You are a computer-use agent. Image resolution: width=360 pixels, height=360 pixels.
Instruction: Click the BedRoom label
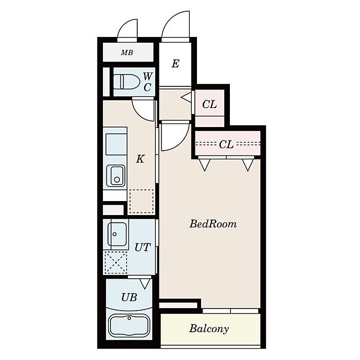pos(213,224)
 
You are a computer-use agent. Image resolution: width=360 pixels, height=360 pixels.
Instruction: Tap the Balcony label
pos(209,329)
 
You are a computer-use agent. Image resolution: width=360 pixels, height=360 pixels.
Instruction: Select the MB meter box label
pos(127,53)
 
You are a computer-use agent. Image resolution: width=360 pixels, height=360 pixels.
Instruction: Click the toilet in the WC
pos(127,81)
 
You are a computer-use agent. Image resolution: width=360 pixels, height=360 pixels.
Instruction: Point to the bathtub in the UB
pos(129,326)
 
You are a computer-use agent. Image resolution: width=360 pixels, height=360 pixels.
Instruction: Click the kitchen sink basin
pos(116,176)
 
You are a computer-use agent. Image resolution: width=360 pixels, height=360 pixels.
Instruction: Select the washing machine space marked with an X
pos(116,262)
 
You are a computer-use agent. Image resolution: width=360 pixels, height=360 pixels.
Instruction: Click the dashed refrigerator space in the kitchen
pos(141,201)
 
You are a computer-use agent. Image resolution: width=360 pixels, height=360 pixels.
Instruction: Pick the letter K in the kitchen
pos(140,158)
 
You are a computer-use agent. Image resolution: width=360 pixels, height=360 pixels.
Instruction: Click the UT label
pos(142,247)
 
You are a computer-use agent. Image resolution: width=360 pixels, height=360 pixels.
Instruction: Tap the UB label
pos(129,297)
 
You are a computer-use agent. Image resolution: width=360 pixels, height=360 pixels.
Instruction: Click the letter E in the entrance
pos(175,64)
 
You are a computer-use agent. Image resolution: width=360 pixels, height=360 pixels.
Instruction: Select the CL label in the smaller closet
pos(209,104)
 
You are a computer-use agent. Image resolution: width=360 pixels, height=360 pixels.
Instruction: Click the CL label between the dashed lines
pos(226,145)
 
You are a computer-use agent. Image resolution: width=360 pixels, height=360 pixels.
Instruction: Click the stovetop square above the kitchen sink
pos(116,145)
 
